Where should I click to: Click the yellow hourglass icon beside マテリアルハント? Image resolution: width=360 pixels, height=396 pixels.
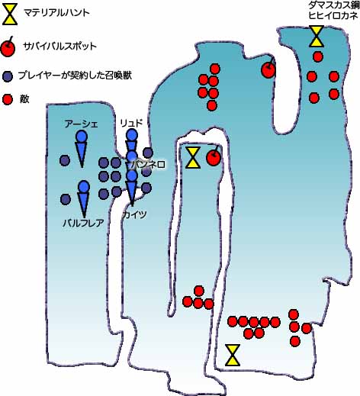[x=10, y=14]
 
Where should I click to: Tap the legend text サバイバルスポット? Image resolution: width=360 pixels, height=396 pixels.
[x=60, y=47]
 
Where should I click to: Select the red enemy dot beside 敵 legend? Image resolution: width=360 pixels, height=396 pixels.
[x=8, y=99]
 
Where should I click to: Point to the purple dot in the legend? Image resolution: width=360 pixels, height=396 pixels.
[x=8, y=76]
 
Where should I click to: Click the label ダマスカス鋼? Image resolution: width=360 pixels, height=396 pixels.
[x=334, y=5]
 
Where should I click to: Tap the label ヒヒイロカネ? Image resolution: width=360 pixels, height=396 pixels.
[x=333, y=15]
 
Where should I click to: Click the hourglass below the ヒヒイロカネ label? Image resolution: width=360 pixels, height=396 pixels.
[x=317, y=36]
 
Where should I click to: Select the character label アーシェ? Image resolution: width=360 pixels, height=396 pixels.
[x=81, y=124]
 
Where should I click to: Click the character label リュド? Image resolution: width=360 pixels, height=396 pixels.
[x=131, y=124]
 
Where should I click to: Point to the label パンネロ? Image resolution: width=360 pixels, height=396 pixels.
[x=148, y=165]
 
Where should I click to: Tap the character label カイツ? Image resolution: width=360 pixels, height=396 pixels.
[x=134, y=214]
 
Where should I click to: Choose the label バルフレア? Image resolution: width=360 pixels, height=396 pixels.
[x=83, y=223]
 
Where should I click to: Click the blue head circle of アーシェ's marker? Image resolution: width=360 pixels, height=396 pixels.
[x=82, y=136]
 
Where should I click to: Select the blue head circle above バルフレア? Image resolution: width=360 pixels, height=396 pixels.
[x=84, y=187]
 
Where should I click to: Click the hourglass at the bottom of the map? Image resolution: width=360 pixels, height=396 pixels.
[x=233, y=355]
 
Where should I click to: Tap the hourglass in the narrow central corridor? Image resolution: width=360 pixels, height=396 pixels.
[x=193, y=157]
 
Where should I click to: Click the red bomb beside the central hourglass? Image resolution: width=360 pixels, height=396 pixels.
[x=214, y=156]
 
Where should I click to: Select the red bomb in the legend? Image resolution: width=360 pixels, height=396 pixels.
[x=8, y=47]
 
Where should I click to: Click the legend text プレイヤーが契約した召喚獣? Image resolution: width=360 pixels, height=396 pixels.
[x=75, y=76]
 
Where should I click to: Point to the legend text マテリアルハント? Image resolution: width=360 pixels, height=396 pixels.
[x=56, y=13]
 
